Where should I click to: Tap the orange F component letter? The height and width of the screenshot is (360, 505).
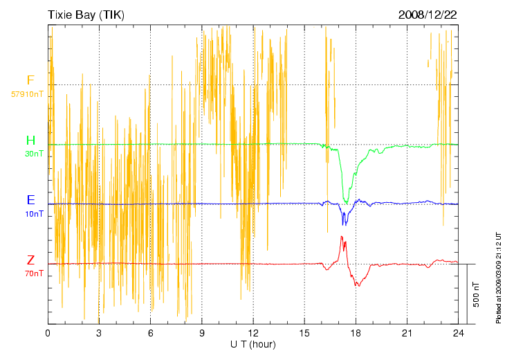coord(30,80)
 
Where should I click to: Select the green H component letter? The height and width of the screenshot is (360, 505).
coord(30,141)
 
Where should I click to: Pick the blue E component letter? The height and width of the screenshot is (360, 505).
coord(30,200)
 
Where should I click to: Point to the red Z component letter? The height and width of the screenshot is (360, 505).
coord(30,260)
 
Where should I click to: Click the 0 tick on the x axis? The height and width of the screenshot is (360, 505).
coord(48,333)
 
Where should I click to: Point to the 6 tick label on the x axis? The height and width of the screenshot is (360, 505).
coord(151,333)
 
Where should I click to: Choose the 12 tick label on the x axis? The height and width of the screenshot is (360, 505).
coord(253,333)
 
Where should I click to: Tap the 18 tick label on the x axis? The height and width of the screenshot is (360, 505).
coord(356,333)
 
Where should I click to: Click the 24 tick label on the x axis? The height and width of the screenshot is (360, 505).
coord(459,333)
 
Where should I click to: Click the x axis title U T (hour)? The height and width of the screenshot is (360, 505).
coord(253,344)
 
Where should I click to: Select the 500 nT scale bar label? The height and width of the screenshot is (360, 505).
coord(477,294)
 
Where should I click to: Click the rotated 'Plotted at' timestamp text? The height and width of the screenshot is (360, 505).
coord(498,277)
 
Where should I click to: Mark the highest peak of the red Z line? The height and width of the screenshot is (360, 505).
coord(342,237)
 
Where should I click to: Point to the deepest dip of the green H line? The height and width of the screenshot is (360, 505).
coord(346,202)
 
